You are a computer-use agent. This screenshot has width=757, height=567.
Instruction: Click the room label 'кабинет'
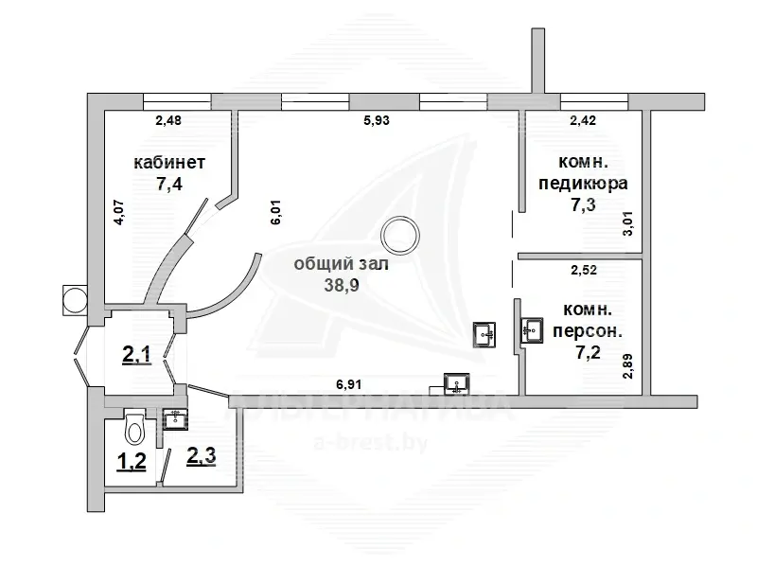click(x=170, y=163)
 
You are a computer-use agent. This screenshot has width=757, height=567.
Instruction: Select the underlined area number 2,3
click(x=201, y=456)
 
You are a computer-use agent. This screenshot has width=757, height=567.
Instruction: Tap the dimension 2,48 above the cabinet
click(x=168, y=120)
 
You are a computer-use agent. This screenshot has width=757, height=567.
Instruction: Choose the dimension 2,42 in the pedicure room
click(x=584, y=120)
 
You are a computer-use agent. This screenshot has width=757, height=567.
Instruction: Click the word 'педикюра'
click(x=581, y=184)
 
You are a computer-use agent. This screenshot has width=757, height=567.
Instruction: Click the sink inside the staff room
click(x=531, y=330)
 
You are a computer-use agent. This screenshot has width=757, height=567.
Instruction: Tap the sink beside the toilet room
click(x=175, y=418)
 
